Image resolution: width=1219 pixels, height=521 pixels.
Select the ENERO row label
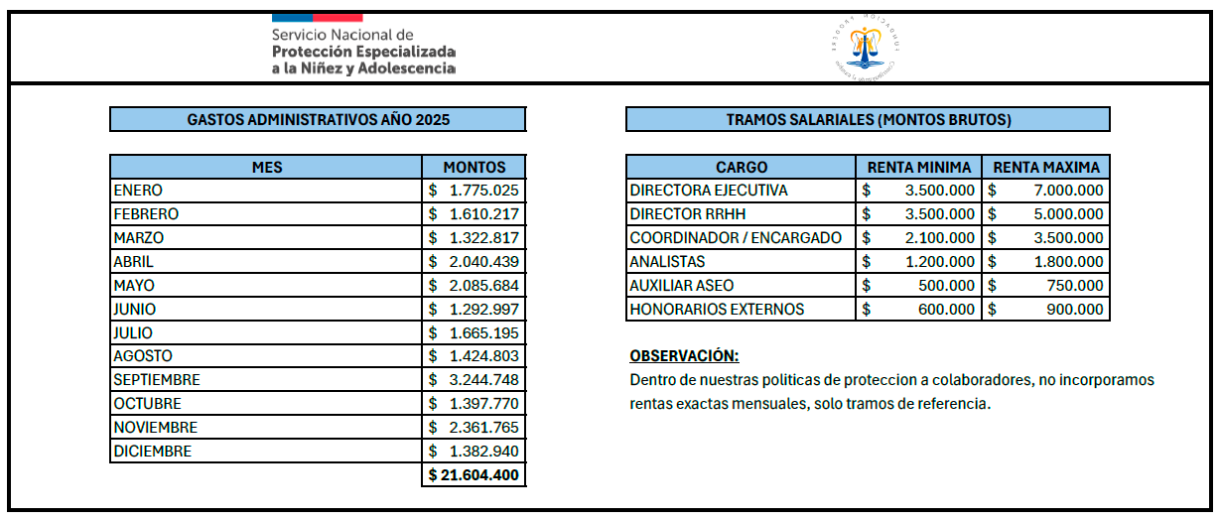tap(138, 190)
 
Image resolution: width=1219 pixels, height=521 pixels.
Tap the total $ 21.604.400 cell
tap(474, 475)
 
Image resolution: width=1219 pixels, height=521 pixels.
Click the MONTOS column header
tap(474, 167)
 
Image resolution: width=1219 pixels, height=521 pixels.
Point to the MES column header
tap(266, 167)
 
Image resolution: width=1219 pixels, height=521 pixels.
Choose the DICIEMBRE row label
tap(152, 452)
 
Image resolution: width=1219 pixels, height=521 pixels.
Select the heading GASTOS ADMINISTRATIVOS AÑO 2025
tap(318, 120)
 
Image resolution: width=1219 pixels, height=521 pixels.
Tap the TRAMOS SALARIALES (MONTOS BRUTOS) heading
tap(868, 120)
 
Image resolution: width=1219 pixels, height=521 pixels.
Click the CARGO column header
tap(741, 167)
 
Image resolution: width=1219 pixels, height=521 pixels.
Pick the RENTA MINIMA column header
tap(918, 167)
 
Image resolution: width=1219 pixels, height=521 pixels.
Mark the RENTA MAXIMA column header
tap(1046, 167)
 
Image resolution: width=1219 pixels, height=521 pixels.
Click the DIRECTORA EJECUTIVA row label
tap(709, 190)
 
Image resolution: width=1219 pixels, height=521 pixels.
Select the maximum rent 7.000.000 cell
tap(1046, 190)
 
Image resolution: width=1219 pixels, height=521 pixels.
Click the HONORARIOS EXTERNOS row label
tap(717, 309)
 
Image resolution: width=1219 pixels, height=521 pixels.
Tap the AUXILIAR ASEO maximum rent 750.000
tap(1046, 285)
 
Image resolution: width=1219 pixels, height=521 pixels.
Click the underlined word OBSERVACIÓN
tap(684, 356)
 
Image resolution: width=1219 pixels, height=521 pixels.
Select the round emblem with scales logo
tap(867, 48)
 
